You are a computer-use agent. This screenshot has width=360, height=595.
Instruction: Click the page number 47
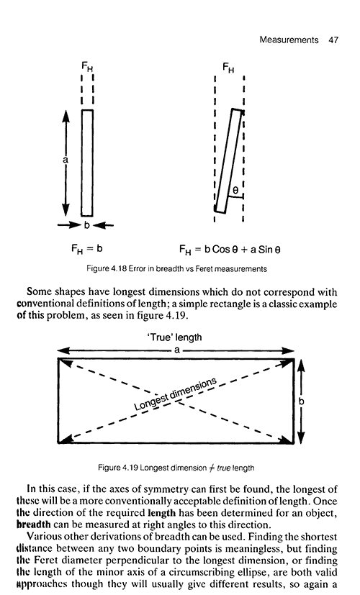[x=333, y=40]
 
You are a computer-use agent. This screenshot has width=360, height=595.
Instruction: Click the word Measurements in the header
[x=289, y=40]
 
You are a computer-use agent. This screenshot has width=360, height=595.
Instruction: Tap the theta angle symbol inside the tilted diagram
[x=235, y=191]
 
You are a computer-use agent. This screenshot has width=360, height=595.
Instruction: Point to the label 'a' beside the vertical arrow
[x=66, y=160]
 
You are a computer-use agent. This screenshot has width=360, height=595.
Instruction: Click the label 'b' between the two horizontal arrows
[x=86, y=225]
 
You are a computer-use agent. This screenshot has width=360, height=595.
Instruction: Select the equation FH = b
[x=87, y=249]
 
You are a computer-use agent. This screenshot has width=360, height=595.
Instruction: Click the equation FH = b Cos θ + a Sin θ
[x=230, y=250]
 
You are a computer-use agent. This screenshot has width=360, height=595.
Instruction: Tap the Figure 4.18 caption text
[x=176, y=268]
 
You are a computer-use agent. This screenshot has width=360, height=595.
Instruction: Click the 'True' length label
[x=174, y=337]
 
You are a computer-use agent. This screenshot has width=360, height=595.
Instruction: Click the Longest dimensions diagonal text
[x=176, y=394]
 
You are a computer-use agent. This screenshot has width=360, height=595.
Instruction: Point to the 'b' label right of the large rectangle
[x=302, y=401]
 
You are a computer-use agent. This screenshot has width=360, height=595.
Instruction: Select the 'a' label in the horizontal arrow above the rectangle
[x=176, y=350]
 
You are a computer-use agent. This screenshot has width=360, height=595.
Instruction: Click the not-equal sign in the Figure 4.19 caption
[x=211, y=468]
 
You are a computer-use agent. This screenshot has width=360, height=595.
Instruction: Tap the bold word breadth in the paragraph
[x=34, y=524]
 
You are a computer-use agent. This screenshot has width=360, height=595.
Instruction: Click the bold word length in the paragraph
[x=161, y=513]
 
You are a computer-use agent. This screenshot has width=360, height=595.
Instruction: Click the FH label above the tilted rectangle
[x=228, y=68]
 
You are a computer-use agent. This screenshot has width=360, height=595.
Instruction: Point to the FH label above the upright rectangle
[x=87, y=67]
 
